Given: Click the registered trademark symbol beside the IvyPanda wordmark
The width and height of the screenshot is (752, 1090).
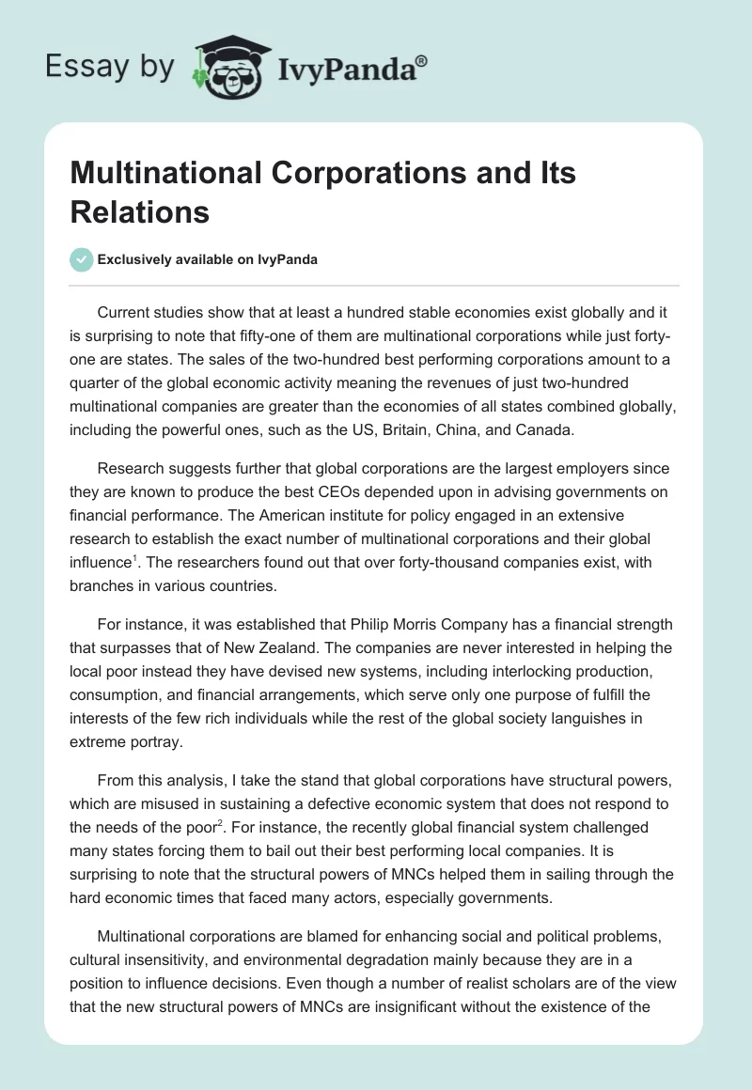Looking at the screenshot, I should click(421, 61).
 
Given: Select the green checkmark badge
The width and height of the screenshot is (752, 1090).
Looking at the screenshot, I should click(82, 259).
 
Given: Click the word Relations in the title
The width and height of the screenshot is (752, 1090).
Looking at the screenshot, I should click(140, 211).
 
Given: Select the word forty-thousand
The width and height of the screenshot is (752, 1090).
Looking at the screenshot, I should click(402, 565).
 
